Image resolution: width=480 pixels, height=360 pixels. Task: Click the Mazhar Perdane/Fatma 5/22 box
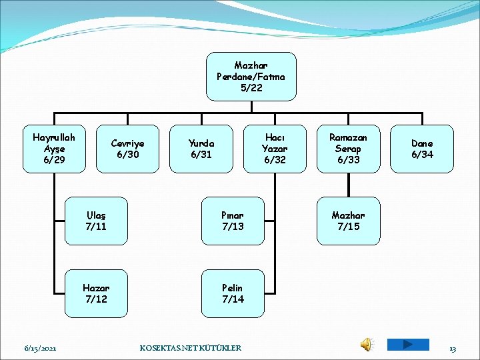[x=251, y=77]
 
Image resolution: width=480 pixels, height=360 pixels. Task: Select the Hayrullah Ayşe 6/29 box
[x=54, y=149]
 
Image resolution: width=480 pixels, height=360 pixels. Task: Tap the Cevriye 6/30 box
[x=127, y=149]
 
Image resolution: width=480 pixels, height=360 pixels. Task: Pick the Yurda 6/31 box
[x=201, y=149]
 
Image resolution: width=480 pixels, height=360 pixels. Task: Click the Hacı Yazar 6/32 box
[x=274, y=149]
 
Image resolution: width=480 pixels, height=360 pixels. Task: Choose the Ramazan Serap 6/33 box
[x=348, y=149]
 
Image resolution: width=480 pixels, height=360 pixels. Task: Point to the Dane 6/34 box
[x=422, y=149]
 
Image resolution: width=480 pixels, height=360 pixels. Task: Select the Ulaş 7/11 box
[x=96, y=221]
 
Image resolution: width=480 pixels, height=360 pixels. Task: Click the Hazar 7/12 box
[x=96, y=293]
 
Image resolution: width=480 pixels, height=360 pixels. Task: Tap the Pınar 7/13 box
[x=233, y=221]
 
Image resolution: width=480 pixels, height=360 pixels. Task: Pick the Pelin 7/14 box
[x=233, y=293]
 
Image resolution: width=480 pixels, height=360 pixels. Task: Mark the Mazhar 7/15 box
[x=348, y=221]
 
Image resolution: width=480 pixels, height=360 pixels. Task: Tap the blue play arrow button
[x=407, y=344]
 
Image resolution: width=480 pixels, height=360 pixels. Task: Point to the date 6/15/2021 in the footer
[x=40, y=348]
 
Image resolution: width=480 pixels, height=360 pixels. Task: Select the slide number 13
[x=453, y=348]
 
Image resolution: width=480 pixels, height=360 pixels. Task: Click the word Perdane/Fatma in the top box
[x=251, y=77]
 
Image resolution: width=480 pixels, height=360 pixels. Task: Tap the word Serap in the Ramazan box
[x=348, y=149]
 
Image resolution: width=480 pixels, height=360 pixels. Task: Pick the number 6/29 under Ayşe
[x=54, y=160]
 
